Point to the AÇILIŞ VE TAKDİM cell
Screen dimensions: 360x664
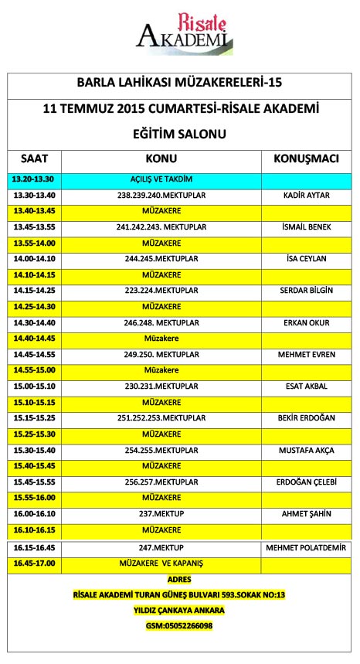click(161, 179)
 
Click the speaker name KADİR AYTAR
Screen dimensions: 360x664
click(307, 195)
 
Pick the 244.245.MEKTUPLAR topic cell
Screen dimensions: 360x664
click(161, 258)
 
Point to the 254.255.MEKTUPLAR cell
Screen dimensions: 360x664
click(161, 449)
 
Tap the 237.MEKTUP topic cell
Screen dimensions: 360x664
click(161, 512)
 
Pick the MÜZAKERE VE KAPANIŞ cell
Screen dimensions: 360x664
click(161, 563)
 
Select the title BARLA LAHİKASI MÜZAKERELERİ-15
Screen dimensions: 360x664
click(179, 82)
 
